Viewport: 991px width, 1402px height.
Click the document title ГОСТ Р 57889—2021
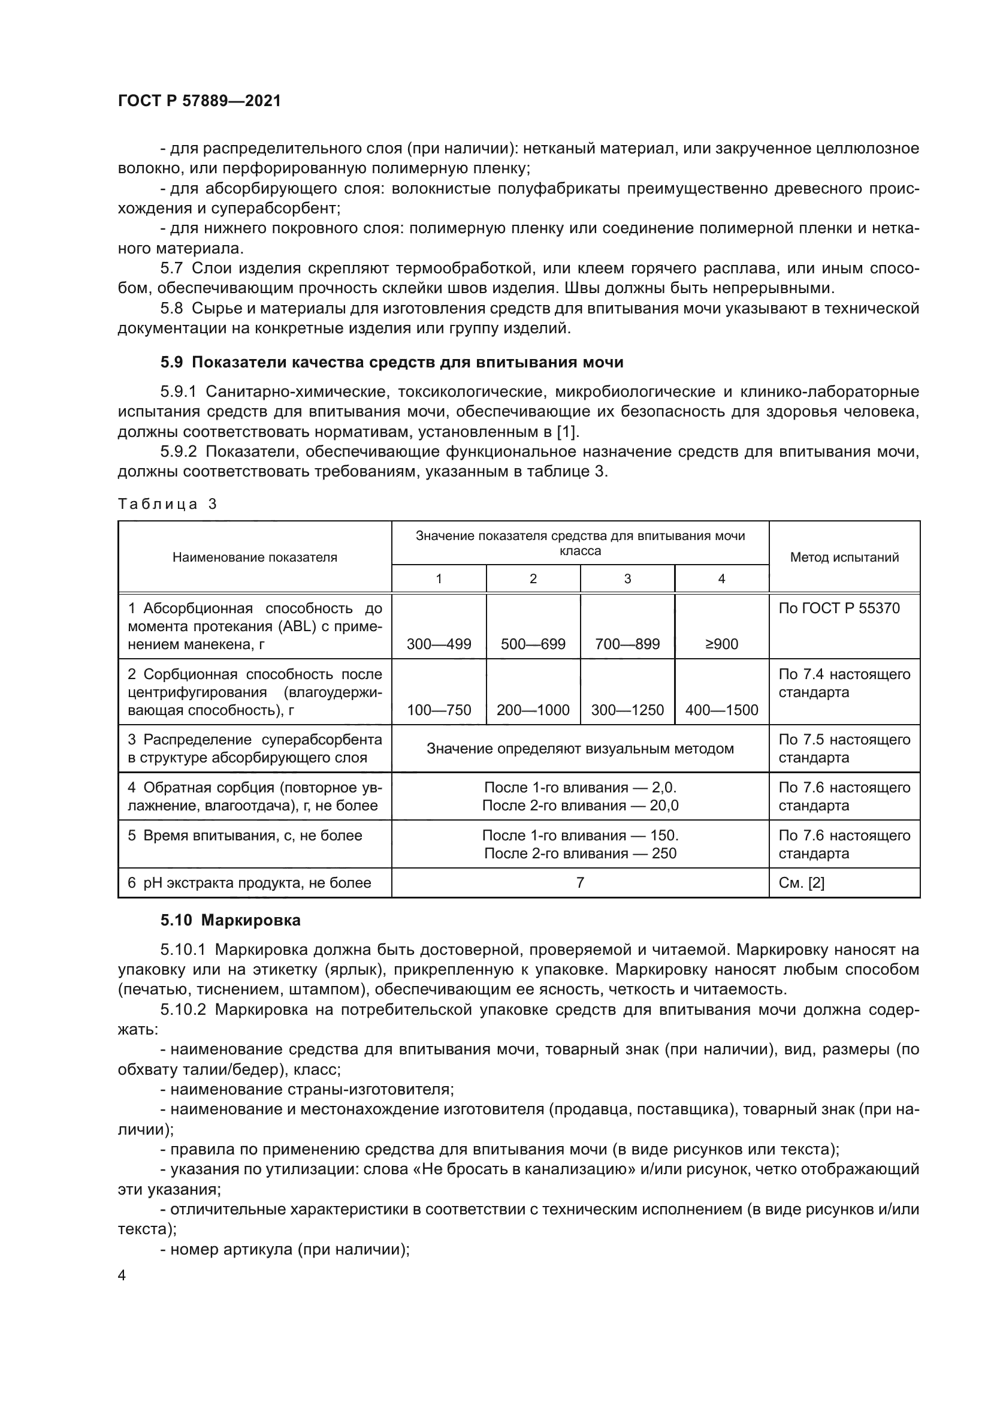[200, 101]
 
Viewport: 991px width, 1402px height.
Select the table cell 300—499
[439, 644]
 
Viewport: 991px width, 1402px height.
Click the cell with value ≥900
[721, 644]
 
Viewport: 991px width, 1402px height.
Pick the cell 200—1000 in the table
[533, 710]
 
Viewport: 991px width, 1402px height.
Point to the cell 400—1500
[721, 710]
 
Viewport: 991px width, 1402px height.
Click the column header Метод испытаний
[844, 557]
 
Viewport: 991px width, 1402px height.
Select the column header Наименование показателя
[255, 557]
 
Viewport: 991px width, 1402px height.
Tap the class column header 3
[627, 579]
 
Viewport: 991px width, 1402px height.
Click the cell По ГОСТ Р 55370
[839, 608]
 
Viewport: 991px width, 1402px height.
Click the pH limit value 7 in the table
[580, 882]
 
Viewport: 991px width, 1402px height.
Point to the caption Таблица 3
[167, 503]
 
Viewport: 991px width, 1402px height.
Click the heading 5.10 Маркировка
[231, 920]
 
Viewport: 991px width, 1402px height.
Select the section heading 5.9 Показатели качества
[392, 362]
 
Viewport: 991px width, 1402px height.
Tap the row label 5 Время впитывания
[244, 836]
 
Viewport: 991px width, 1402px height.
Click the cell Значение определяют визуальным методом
[580, 749]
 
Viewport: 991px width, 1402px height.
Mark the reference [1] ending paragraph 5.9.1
[567, 432]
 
